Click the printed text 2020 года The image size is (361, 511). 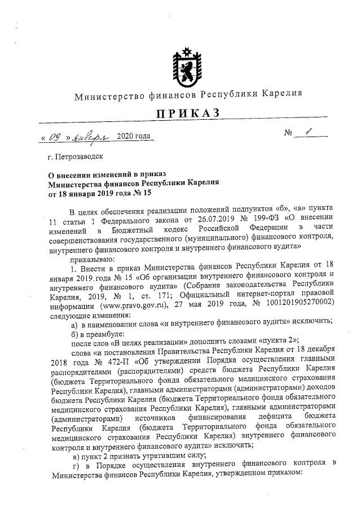(x=134, y=137)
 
